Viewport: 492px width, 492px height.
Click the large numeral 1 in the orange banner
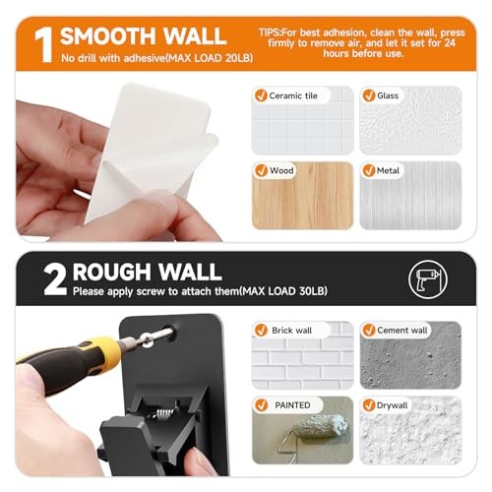pyautogui.click(x=44, y=45)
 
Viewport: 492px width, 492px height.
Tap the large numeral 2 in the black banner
pyautogui.click(x=55, y=279)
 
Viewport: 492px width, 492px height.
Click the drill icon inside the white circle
pyautogui.click(x=427, y=279)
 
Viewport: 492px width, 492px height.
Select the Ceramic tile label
pyautogui.click(x=293, y=95)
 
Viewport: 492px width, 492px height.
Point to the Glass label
pyautogui.click(x=388, y=95)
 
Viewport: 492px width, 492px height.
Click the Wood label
pyautogui.click(x=281, y=170)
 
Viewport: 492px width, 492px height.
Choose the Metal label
pyautogui.click(x=388, y=170)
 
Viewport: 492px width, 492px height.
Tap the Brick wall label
pyautogui.click(x=291, y=331)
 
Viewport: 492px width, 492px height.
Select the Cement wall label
pyautogui.click(x=401, y=330)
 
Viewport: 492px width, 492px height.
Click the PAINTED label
pyautogui.click(x=292, y=405)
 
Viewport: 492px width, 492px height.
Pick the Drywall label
pyautogui.click(x=392, y=405)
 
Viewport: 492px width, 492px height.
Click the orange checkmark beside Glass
pyautogui.click(x=369, y=95)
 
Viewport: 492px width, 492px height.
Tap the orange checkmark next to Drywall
pyautogui.click(x=369, y=405)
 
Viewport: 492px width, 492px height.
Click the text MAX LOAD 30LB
pyautogui.click(x=283, y=291)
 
